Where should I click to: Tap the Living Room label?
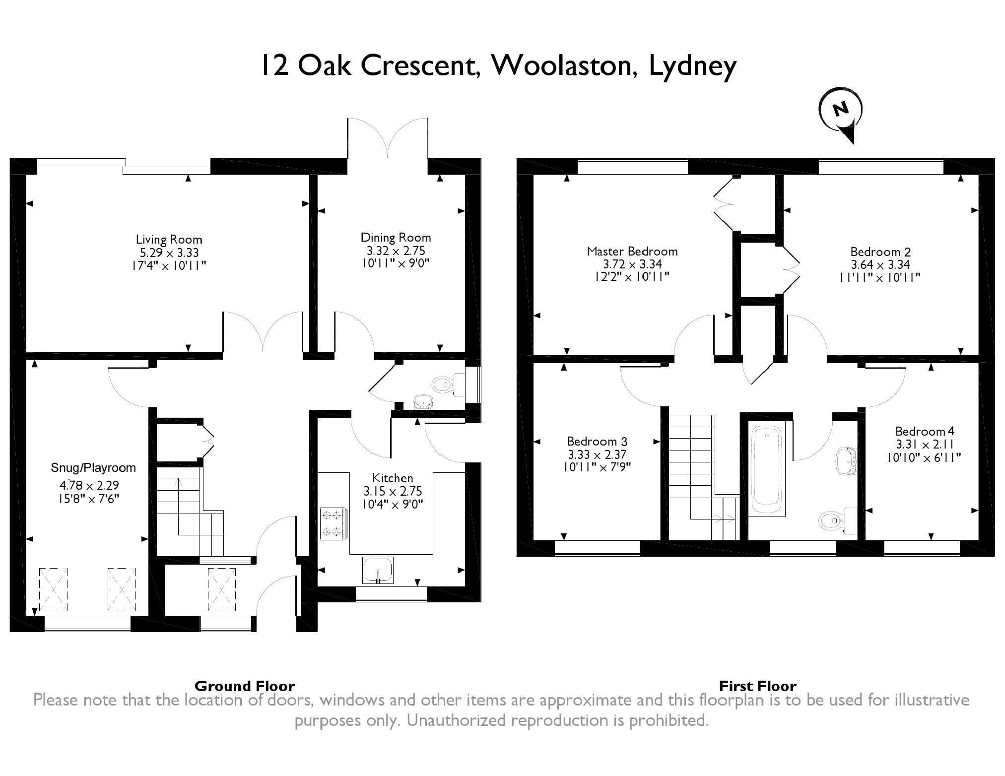[169, 240]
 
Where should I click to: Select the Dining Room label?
[396, 238]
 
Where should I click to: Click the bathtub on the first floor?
[767, 471]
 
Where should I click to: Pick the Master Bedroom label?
[632, 251]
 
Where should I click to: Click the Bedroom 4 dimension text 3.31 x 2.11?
[925, 445]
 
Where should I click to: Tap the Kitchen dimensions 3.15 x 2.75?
[393, 491]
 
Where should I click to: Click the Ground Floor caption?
[245, 686]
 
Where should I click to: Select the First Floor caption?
[758, 686]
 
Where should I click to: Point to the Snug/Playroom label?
[93, 467]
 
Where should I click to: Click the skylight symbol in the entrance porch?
[221, 589]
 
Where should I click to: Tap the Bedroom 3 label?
[597, 441]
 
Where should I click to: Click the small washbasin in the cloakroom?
[423, 401]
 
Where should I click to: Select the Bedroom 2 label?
[880, 252]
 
